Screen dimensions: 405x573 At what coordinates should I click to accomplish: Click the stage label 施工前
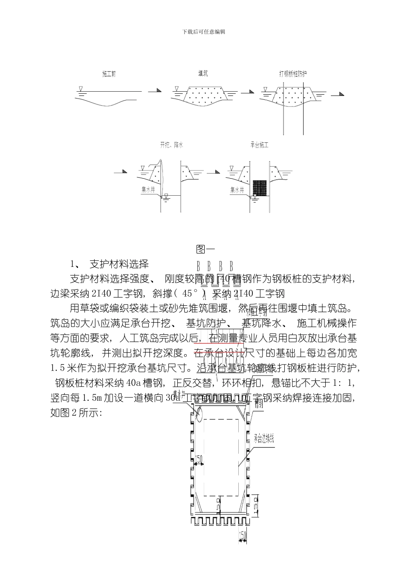[x=109, y=74]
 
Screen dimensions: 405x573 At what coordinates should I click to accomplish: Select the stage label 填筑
[x=203, y=74]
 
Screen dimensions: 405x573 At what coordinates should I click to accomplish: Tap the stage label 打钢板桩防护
[x=293, y=74]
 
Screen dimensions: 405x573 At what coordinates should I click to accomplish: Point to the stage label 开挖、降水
[x=171, y=145]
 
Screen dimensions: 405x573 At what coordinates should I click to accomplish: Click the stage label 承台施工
[x=260, y=145]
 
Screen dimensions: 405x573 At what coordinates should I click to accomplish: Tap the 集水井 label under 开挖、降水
[x=149, y=188]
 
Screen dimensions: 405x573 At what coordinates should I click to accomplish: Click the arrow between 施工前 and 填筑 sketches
[x=155, y=91]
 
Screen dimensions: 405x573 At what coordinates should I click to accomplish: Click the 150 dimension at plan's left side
[x=199, y=458]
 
